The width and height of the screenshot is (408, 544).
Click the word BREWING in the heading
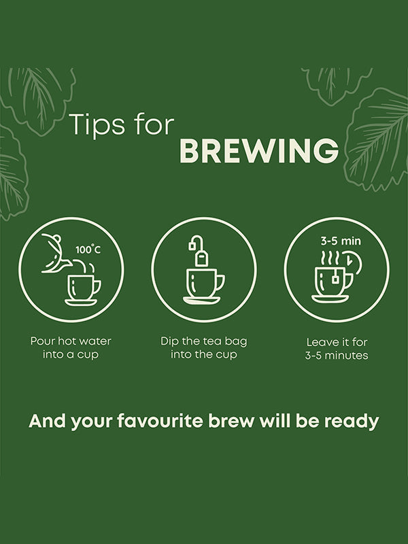259,151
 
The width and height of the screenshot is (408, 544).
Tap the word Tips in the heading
97,125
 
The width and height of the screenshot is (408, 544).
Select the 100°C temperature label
88,250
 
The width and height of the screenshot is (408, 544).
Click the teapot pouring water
56,254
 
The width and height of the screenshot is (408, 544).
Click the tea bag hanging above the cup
199,251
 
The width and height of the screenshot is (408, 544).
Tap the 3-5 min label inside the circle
341,241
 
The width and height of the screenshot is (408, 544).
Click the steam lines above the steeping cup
330,258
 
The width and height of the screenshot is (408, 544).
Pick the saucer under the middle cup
201,301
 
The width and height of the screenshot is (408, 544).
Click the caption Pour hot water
71,341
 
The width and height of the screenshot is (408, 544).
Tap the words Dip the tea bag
203,341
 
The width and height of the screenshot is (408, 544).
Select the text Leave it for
337,342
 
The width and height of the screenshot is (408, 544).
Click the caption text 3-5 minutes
337,355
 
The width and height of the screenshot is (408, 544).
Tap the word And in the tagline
47,421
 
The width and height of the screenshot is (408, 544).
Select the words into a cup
71,354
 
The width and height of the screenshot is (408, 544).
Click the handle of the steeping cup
348,280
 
